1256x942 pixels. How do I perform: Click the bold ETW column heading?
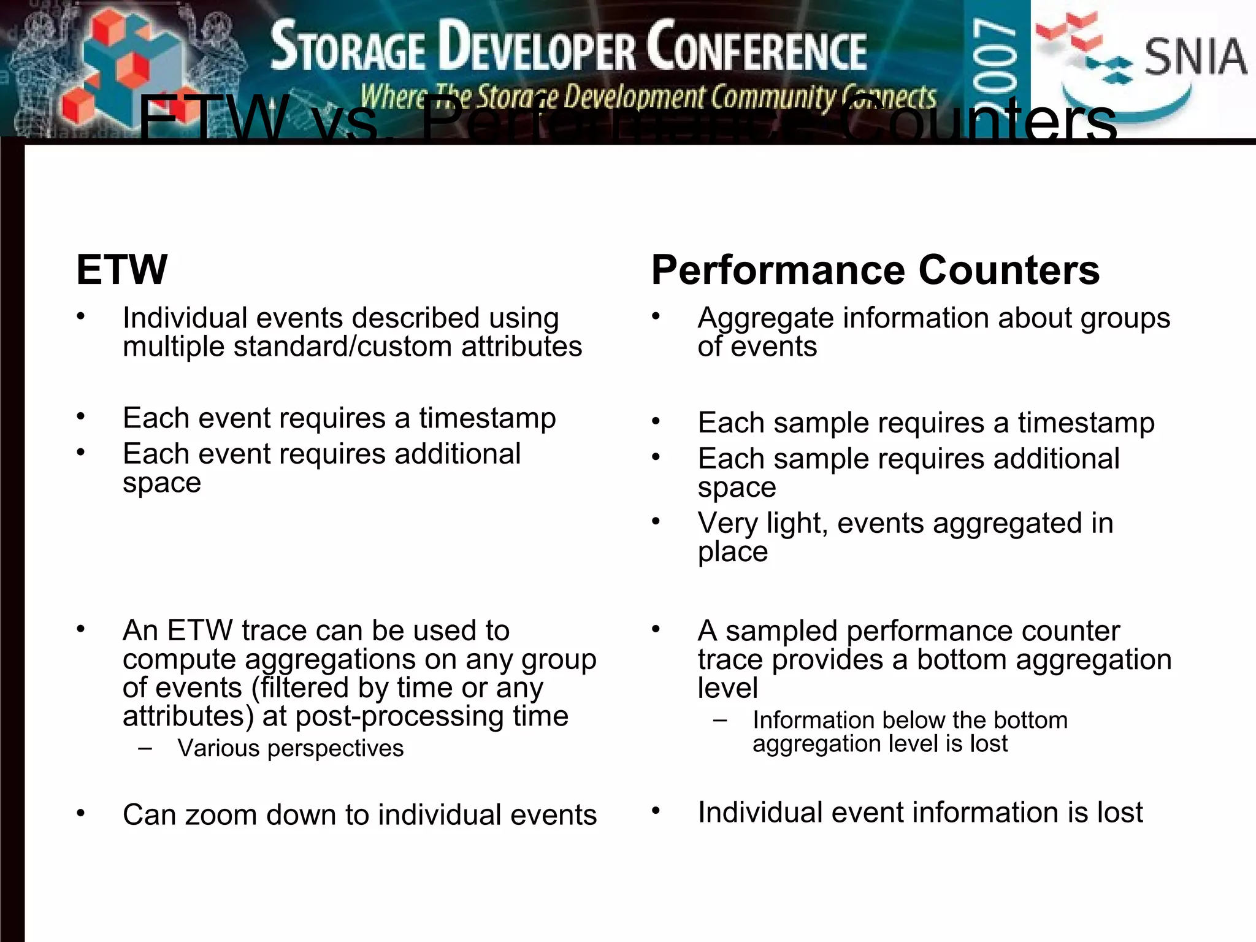tap(121, 270)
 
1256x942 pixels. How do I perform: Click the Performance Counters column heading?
tap(875, 270)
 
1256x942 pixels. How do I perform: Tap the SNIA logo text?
tap(1195, 57)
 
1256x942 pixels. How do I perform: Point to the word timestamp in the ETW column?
tap(488, 418)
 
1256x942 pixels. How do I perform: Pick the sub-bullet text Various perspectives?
tap(290, 748)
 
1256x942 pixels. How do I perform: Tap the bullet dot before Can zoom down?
tap(81, 814)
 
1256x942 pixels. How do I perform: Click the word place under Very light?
tap(732, 551)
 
